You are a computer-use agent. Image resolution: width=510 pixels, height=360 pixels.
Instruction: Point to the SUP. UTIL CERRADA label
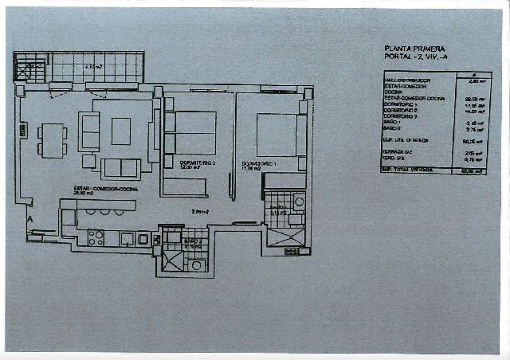click(x=406, y=139)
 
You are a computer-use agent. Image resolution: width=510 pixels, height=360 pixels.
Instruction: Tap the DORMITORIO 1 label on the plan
click(x=258, y=163)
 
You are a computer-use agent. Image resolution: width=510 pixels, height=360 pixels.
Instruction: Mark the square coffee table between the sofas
click(x=120, y=131)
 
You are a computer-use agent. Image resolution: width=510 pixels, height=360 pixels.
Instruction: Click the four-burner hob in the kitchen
click(x=96, y=237)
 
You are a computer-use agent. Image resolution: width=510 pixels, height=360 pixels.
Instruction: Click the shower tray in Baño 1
click(x=284, y=237)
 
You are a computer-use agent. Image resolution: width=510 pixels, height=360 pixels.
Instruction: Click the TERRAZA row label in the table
click(x=398, y=151)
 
